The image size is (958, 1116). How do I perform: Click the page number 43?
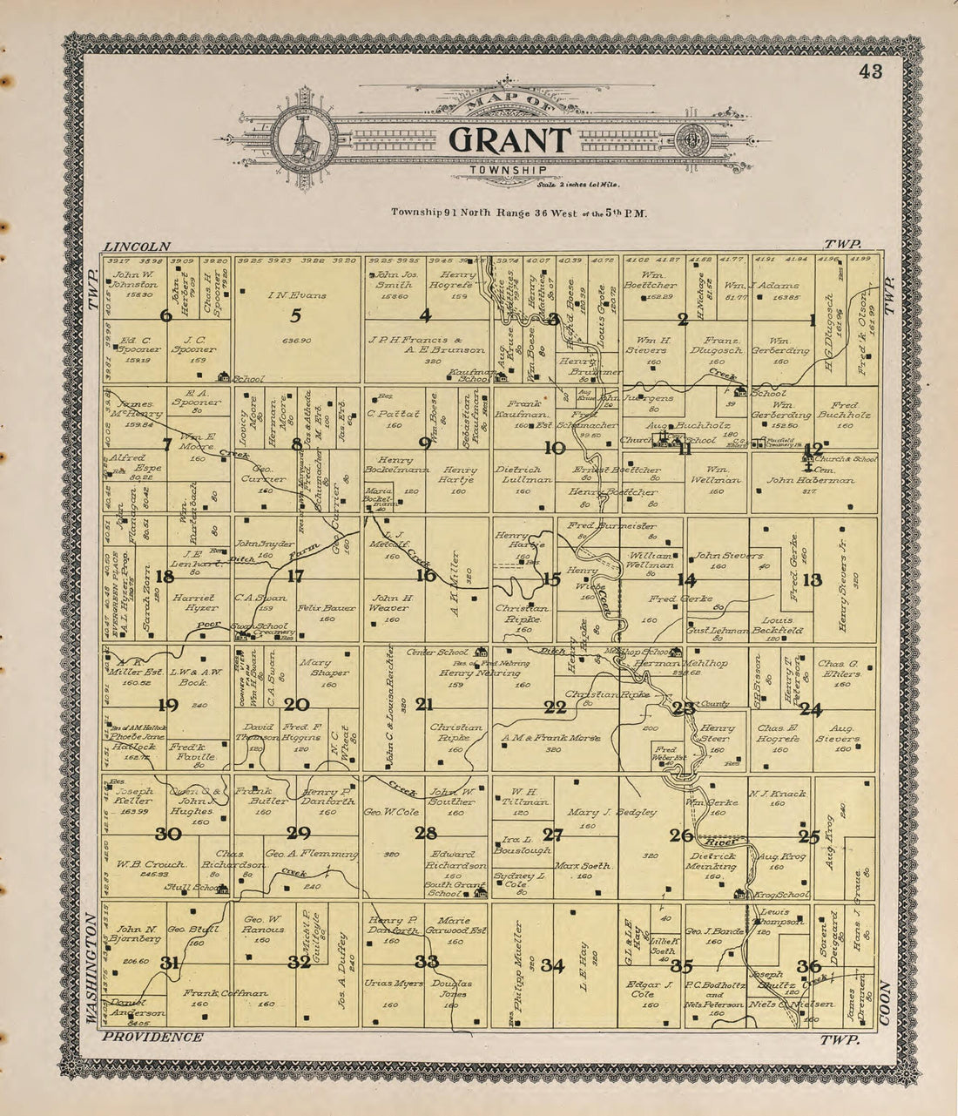(x=870, y=72)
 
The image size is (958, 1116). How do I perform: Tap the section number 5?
(x=296, y=316)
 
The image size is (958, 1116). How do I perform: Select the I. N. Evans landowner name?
(x=297, y=295)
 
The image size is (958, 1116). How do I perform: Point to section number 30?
(x=167, y=835)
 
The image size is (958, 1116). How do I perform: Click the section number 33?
(x=426, y=962)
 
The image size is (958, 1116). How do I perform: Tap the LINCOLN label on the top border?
(x=136, y=247)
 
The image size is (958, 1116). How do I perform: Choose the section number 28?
(x=425, y=833)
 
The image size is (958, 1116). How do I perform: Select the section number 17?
(x=295, y=575)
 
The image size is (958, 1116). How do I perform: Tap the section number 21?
(x=425, y=704)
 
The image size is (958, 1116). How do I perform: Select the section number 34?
(x=553, y=964)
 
